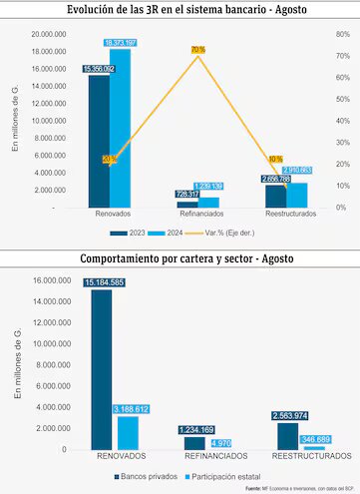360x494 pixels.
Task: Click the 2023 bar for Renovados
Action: (x=99, y=140)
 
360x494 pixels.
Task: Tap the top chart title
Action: (x=180, y=10)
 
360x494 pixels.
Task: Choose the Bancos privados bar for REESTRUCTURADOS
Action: (x=287, y=436)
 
